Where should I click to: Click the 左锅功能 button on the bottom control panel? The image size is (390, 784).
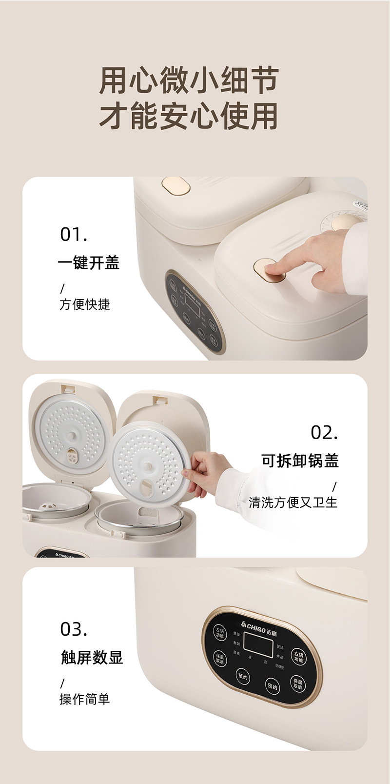(x=220, y=633)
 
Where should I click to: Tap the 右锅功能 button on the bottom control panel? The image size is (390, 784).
(x=298, y=656)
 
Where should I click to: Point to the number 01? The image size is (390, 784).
(x=74, y=235)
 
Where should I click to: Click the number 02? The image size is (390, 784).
(x=324, y=432)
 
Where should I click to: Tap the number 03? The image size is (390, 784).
(x=74, y=629)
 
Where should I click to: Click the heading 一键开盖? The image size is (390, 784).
(x=89, y=263)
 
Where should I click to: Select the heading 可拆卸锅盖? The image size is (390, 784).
(x=300, y=460)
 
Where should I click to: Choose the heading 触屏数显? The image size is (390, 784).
(x=92, y=658)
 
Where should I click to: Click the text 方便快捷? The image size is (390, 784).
(x=85, y=304)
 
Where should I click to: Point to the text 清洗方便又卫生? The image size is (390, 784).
(x=293, y=502)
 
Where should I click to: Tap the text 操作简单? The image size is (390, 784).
(x=85, y=699)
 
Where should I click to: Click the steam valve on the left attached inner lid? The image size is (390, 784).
(x=73, y=457)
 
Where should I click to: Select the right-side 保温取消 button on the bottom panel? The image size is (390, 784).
(x=297, y=683)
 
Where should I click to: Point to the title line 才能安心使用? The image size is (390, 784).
(x=189, y=116)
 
